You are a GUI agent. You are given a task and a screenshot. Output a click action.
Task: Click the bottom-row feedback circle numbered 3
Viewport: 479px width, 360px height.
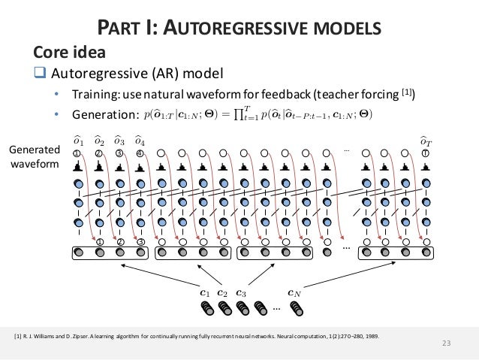pos(140,242)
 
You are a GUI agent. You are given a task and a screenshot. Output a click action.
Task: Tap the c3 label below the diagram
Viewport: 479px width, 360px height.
pos(240,293)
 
